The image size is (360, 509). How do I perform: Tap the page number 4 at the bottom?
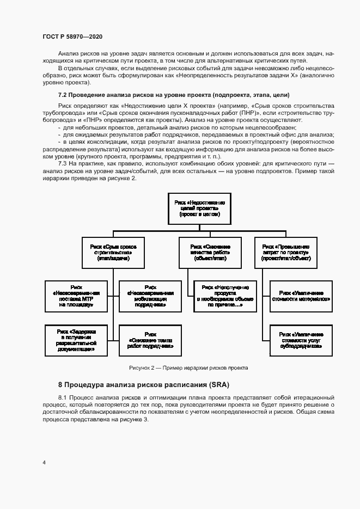44,463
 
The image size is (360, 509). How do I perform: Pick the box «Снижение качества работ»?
206,253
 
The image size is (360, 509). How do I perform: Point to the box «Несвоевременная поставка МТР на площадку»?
76,296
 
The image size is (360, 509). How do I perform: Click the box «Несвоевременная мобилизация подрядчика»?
150,296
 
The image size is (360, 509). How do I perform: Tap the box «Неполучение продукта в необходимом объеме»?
225,296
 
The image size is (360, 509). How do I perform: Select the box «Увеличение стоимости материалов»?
301,296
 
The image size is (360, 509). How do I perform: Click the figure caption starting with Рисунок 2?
188,367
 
